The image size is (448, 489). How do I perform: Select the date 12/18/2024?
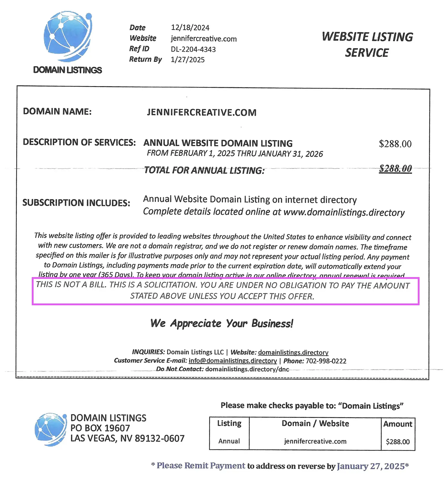pos(190,28)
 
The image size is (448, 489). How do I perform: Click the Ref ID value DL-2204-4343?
pos(193,49)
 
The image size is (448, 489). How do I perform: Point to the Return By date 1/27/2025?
pos(188,60)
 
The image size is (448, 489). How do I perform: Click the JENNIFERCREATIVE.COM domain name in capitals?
pos(202,112)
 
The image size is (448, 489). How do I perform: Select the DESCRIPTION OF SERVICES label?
pos(79,142)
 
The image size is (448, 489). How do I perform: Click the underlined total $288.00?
pos(395,169)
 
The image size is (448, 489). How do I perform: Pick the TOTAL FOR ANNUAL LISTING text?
pos(204,170)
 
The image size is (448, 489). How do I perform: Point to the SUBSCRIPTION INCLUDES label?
pos(76,203)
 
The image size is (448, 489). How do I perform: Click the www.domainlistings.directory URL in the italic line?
pos(344,213)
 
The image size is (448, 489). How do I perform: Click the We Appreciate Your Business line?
pos(222,323)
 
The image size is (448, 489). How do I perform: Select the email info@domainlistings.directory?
pos(233,361)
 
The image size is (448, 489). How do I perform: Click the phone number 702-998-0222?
pos(326,361)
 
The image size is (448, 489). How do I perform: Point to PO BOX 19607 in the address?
pos(100,428)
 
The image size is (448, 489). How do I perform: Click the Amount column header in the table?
pos(398,424)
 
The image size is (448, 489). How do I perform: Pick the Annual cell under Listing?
pos(229,441)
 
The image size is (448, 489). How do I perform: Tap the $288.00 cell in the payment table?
pos(398,442)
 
